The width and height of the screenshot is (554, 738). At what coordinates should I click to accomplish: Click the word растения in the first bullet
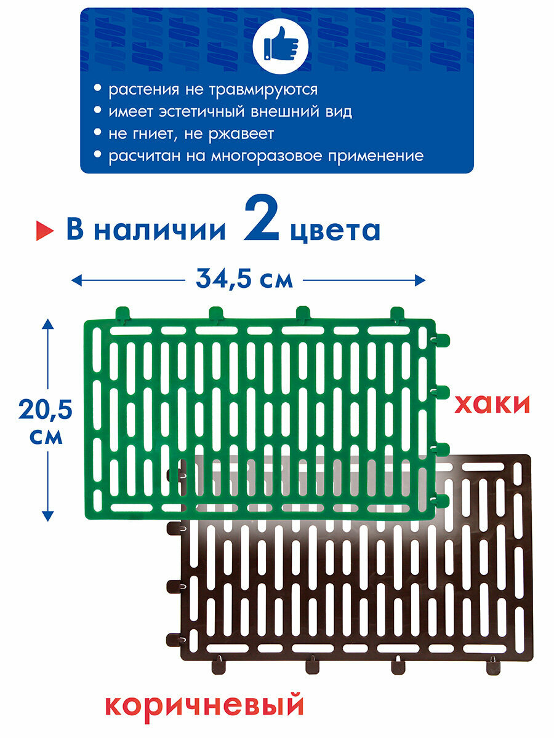(x=143, y=90)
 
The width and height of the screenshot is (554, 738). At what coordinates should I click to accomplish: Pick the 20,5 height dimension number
(x=46, y=408)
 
